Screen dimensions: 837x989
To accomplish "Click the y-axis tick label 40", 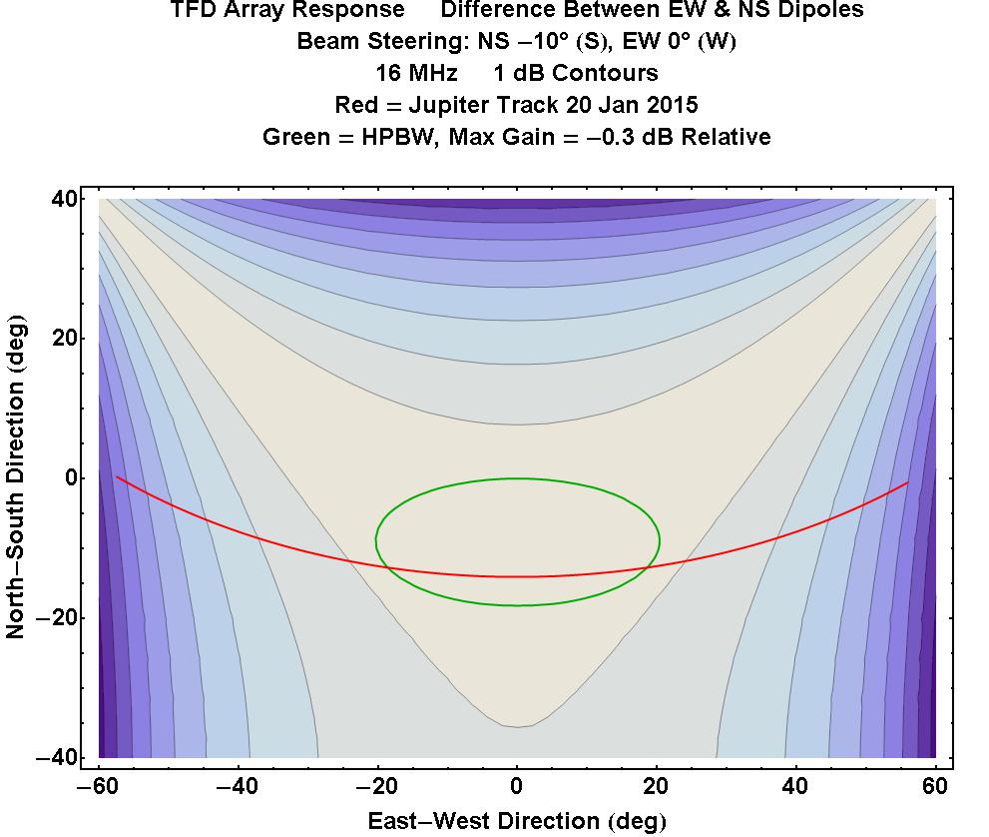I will [66, 199].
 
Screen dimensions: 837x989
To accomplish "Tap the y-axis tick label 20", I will [66, 339].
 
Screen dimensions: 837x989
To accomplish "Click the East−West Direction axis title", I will [516, 821].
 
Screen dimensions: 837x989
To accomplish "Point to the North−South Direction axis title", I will [17, 478].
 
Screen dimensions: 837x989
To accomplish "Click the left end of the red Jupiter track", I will [117, 477].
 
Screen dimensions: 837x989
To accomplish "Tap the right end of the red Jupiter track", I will [908, 482].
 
